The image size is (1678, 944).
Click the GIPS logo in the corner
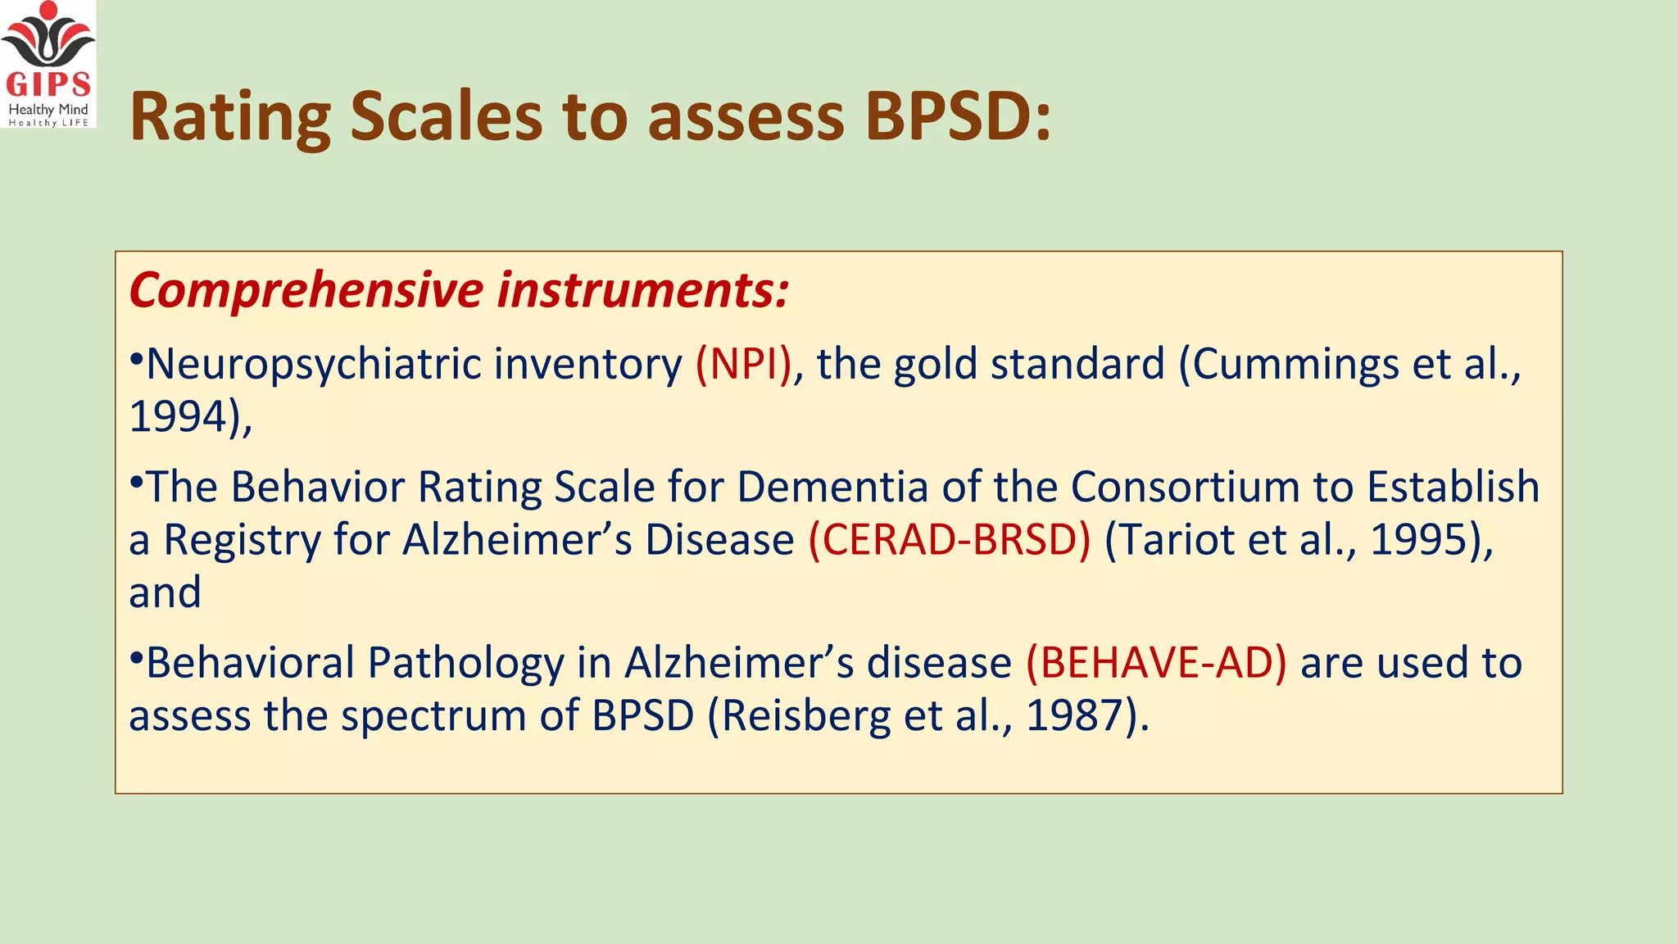click(x=48, y=64)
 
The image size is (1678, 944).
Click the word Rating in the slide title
click(x=230, y=117)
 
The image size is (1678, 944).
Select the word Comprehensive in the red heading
click(x=306, y=290)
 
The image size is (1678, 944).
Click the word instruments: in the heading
click(x=643, y=290)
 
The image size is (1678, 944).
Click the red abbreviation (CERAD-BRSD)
click(x=950, y=540)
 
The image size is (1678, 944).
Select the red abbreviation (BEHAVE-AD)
click(x=1156, y=663)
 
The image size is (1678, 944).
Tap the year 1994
click(x=179, y=417)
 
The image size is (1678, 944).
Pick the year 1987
click(x=1074, y=716)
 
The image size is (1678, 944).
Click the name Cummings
click(x=1295, y=365)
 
